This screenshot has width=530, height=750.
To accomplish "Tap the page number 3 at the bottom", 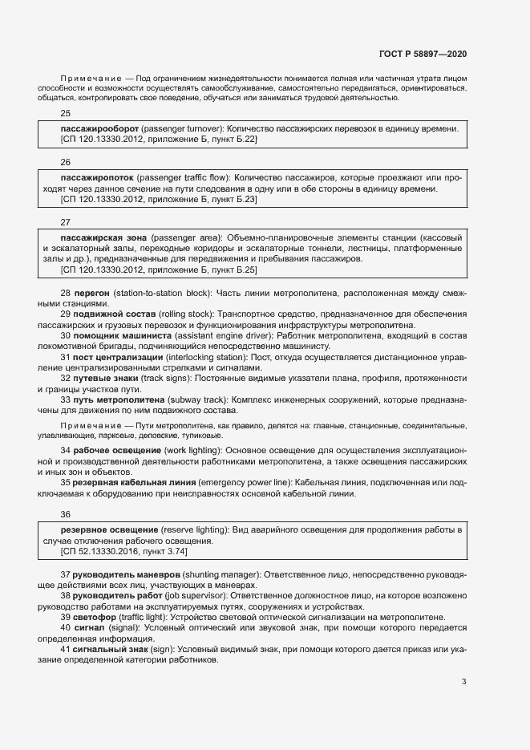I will pyautogui.click(x=463, y=682).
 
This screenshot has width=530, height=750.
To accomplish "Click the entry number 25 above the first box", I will pyautogui.click(x=66, y=113).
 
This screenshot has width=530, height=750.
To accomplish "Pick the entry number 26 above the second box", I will pyautogui.click(x=66, y=161).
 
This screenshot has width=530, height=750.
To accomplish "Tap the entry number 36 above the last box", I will pyautogui.click(x=66, y=514).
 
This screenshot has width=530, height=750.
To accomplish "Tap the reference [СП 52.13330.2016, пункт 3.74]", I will pyautogui.click(x=124, y=551).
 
